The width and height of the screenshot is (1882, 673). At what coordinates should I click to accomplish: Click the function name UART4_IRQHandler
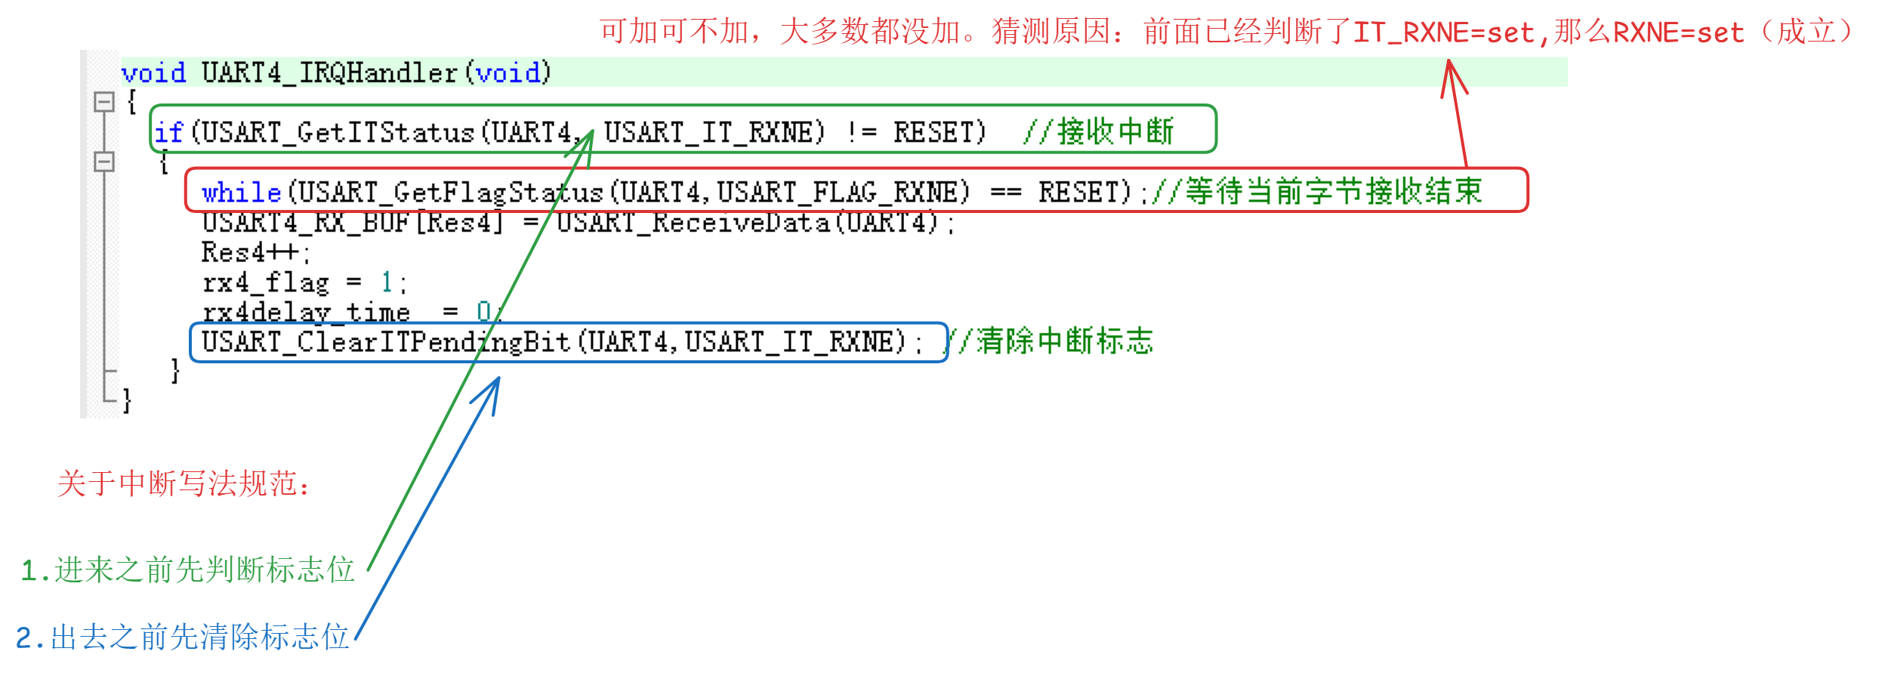pyautogui.click(x=329, y=73)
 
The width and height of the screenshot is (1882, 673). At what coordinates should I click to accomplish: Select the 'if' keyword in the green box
pyautogui.click(x=168, y=133)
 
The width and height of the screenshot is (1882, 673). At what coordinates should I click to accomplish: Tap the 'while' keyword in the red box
pyautogui.click(x=241, y=193)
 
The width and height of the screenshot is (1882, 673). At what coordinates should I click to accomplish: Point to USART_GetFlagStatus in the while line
pyautogui.click(x=450, y=193)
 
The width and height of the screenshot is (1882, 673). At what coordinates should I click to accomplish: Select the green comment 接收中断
pyautogui.click(x=1115, y=131)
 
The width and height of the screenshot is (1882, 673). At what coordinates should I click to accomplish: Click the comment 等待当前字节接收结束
pyautogui.click(x=1334, y=191)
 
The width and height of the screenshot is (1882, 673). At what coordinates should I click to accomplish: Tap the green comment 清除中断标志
pyautogui.click(x=1065, y=341)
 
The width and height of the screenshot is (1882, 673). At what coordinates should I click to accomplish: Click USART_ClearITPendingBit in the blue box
pyautogui.click(x=385, y=342)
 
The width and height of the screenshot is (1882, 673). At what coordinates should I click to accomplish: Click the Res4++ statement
pyautogui.click(x=254, y=252)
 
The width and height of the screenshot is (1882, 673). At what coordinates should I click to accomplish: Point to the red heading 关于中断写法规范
pyautogui.click(x=183, y=483)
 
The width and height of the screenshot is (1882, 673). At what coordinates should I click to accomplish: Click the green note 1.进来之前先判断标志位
pyautogui.click(x=187, y=570)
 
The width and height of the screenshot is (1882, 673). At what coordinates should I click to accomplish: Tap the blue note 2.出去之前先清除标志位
pyautogui.click(x=182, y=637)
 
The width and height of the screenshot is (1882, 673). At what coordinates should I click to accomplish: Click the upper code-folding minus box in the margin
pyautogui.click(x=104, y=101)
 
